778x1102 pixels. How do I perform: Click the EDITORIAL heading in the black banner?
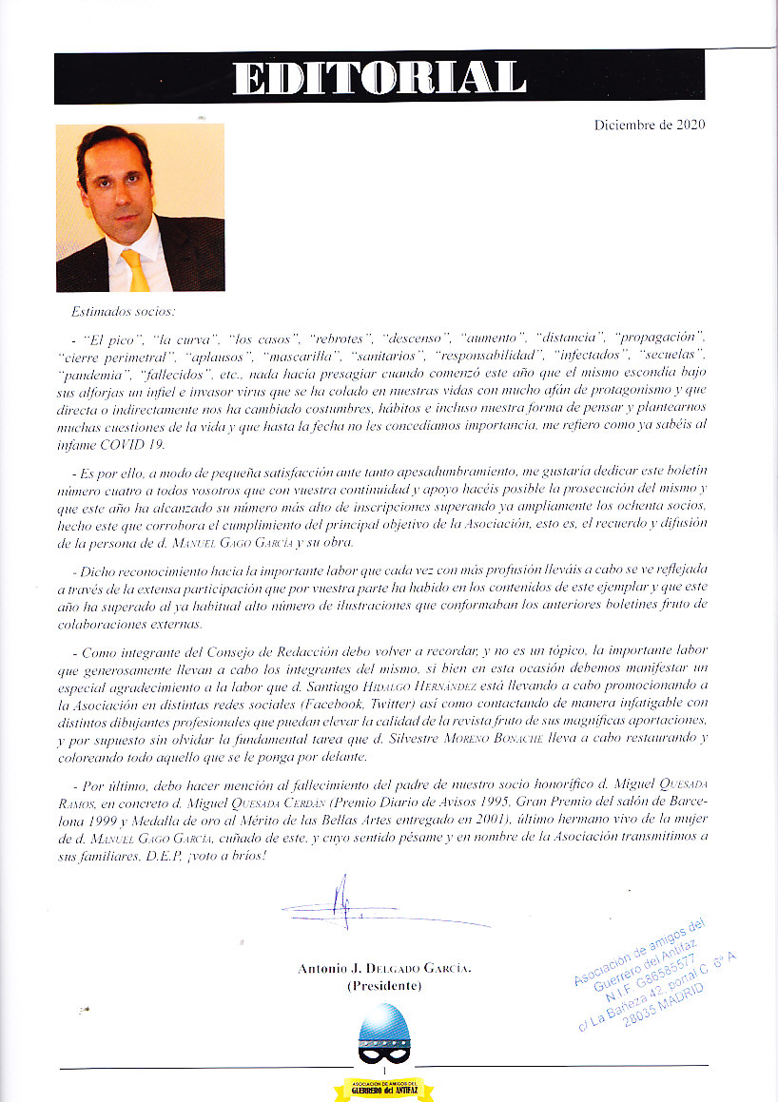coord(379,78)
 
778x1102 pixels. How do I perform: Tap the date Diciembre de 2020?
coord(650,125)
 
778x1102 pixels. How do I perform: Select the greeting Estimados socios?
coord(124,312)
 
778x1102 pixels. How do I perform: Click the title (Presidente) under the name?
coord(383,986)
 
